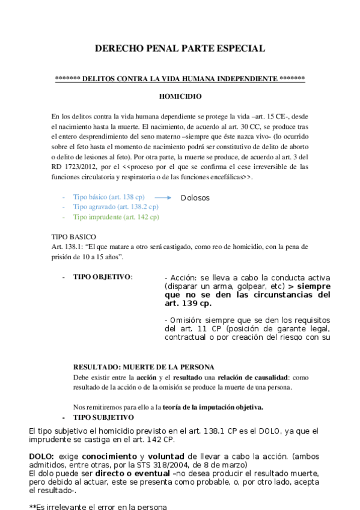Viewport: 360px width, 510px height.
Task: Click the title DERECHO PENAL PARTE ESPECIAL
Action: [x=180, y=49]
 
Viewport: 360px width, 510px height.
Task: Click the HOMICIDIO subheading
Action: [x=180, y=96]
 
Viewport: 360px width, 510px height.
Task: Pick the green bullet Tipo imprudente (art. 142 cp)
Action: [x=116, y=217]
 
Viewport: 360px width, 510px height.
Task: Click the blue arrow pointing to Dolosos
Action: [x=163, y=197]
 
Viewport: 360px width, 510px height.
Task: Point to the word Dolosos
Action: [x=195, y=197]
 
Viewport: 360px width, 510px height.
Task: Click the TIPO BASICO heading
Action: [x=75, y=237]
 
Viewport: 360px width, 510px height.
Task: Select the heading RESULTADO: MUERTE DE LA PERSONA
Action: [x=144, y=367]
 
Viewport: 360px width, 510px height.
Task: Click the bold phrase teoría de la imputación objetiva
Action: [x=213, y=407]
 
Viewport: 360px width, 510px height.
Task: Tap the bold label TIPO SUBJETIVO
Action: [x=103, y=417]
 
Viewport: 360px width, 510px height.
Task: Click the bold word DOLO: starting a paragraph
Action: [x=41, y=456]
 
